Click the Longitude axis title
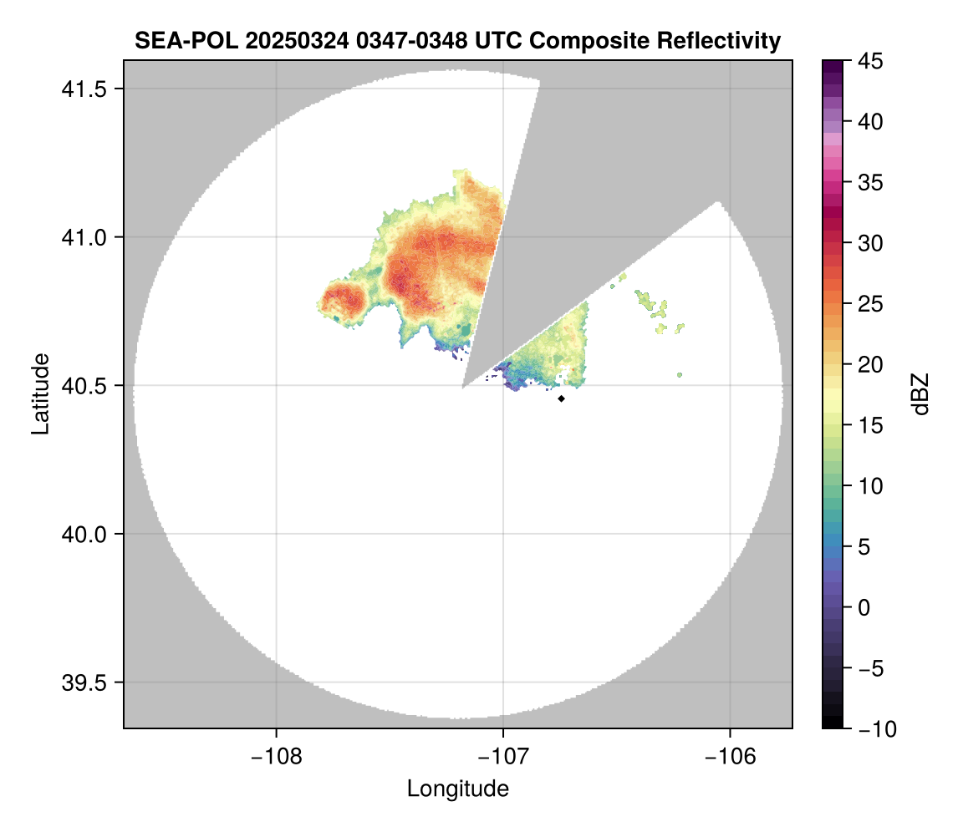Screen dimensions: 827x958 click(x=457, y=789)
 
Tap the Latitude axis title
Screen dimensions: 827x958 click(x=39, y=393)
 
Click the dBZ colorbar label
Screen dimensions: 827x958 click(x=920, y=393)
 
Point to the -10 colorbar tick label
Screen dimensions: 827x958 click(x=874, y=729)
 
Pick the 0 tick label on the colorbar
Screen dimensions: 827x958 click(x=866, y=607)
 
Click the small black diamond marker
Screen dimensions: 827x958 click(x=561, y=398)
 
